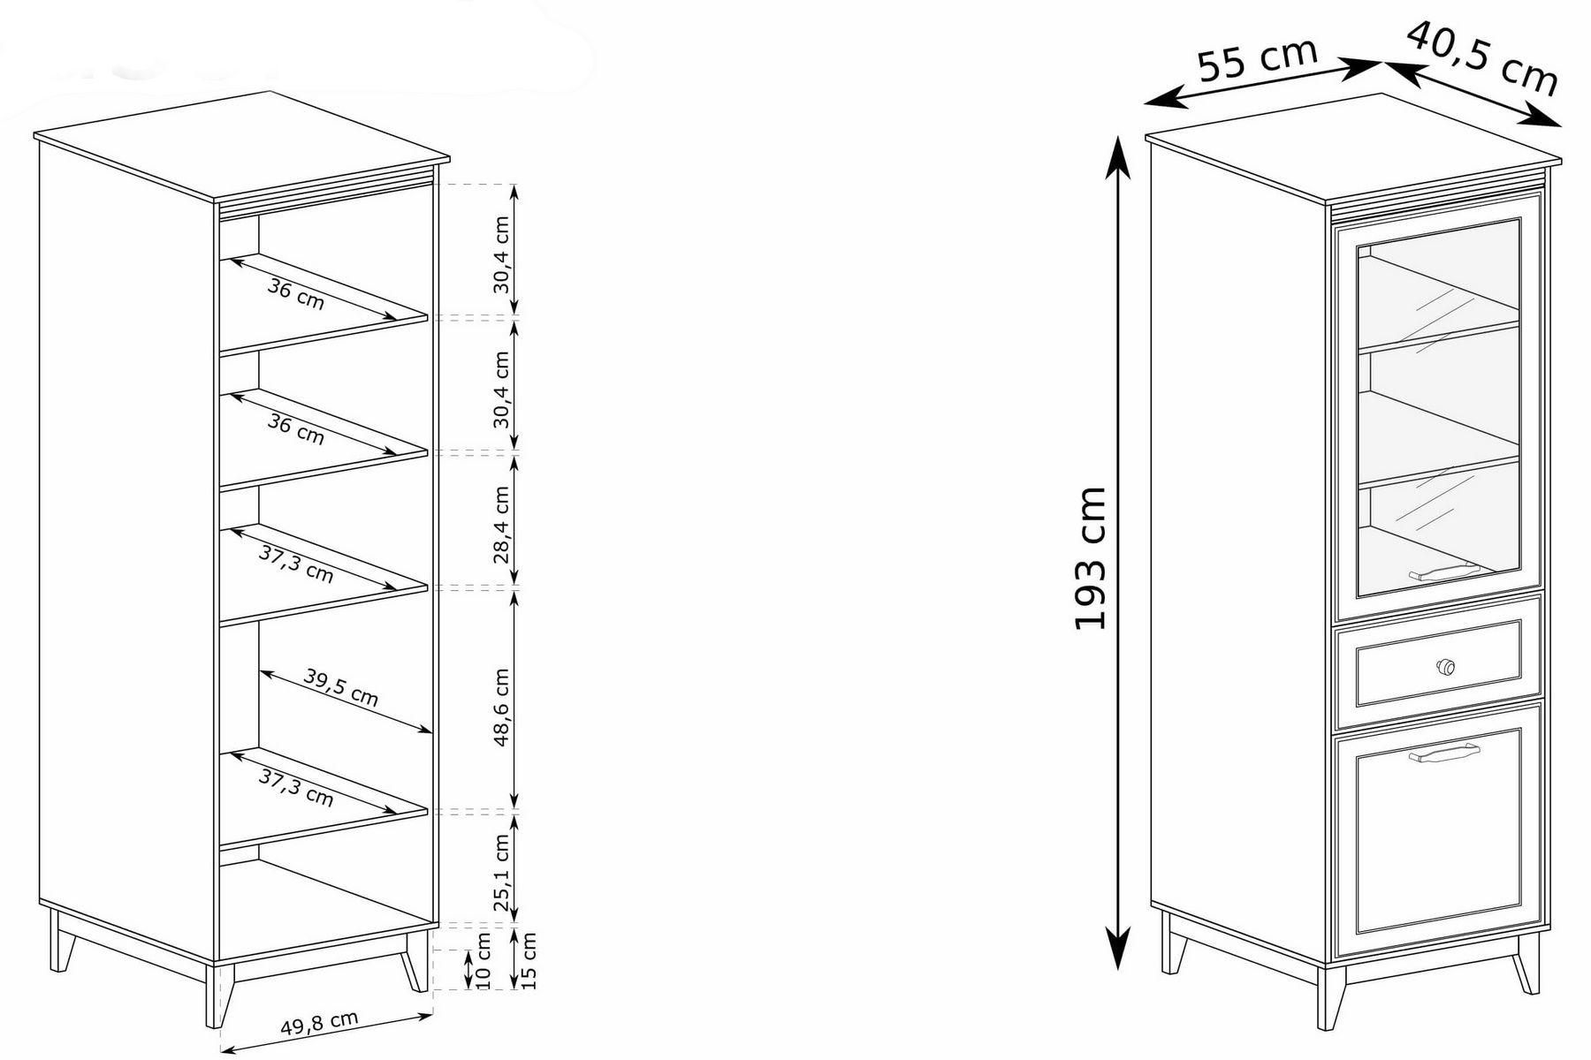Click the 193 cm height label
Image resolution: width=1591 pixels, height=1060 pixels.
pyautogui.click(x=1091, y=557)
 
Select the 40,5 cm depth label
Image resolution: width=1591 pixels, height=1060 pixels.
pyautogui.click(x=1482, y=57)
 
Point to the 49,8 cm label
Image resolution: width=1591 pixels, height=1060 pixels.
pyautogui.click(x=319, y=1023)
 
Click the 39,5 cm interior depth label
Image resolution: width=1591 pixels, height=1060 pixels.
pyautogui.click(x=341, y=687)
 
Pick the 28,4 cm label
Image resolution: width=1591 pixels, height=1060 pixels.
pyautogui.click(x=502, y=525)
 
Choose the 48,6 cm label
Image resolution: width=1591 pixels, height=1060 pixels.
pyautogui.click(x=502, y=707)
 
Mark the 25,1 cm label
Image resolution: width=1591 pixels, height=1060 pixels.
pyautogui.click(x=502, y=873)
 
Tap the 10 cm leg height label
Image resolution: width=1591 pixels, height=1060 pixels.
pyautogui.click(x=483, y=961)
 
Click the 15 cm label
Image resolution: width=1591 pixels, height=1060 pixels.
pyautogui.click(x=529, y=960)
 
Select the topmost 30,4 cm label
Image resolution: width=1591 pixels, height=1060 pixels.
pyautogui.click(x=502, y=254)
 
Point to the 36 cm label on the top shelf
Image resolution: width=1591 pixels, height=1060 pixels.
pyautogui.click(x=296, y=294)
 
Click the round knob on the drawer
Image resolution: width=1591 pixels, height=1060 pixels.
pyautogui.click(x=1446, y=666)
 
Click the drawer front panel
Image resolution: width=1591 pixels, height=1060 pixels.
pyautogui.click(x=1438, y=662)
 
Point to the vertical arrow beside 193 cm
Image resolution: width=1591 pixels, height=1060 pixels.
pyautogui.click(x=1119, y=553)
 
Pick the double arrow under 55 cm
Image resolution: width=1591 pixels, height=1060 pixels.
pyautogui.click(x=1261, y=84)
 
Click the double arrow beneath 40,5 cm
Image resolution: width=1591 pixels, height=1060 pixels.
pyautogui.click(x=1473, y=93)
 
